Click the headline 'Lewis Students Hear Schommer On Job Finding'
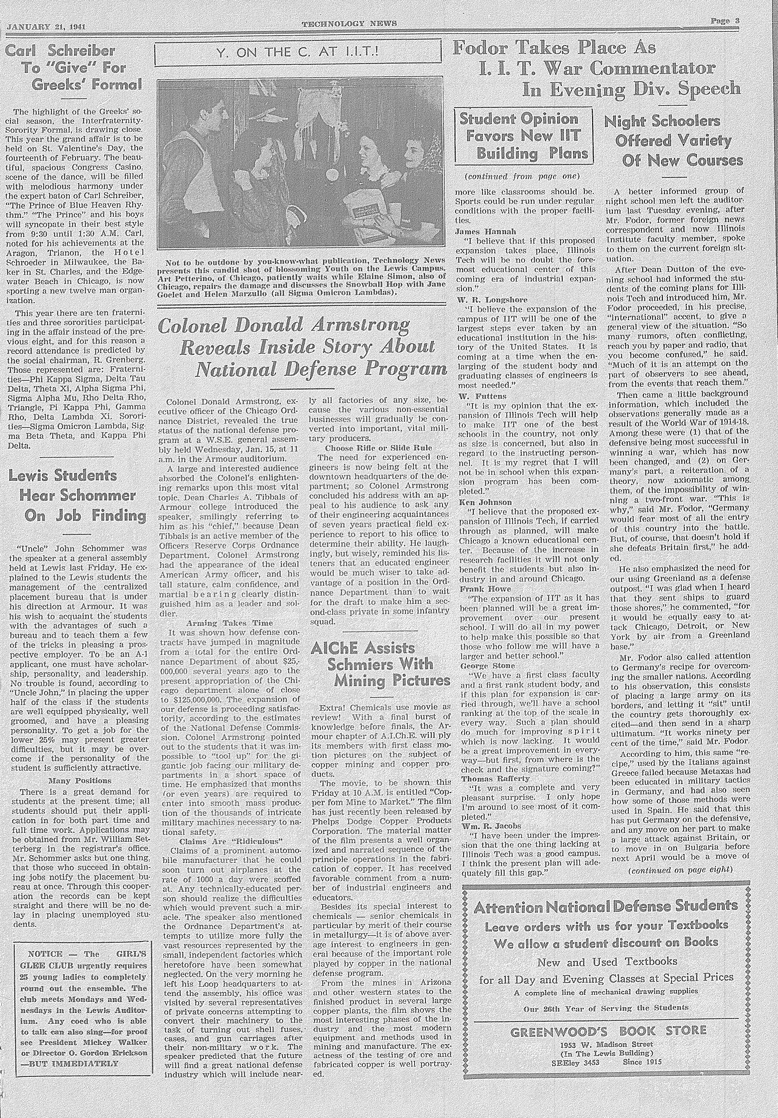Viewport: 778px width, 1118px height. (77, 495)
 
